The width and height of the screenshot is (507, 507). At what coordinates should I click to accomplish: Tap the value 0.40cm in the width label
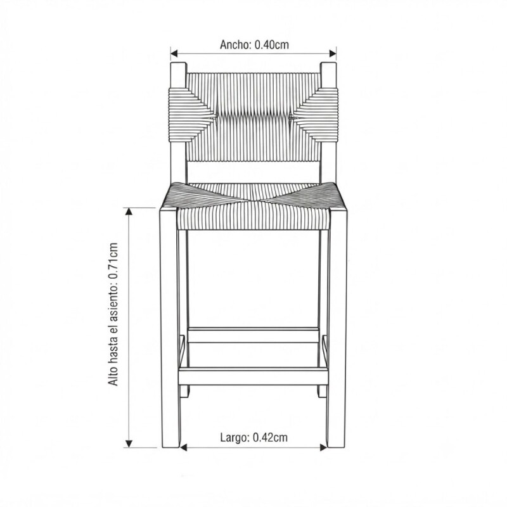tap(272, 44)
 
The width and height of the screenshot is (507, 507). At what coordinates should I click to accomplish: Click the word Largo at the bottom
tap(234, 437)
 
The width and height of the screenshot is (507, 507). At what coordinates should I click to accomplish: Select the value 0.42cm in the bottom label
tap(270, 437)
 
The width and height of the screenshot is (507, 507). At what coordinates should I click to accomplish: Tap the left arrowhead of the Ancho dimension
tap(175, 53)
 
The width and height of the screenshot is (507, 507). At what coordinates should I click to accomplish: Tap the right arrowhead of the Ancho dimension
tap(332, 53)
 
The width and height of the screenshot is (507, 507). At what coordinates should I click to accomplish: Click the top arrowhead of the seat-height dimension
tap(129, 212)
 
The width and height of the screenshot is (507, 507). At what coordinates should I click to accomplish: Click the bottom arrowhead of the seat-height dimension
tap(129, 444)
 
